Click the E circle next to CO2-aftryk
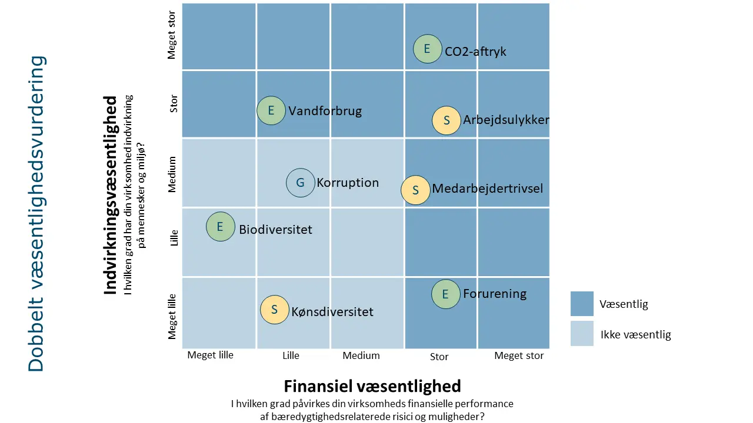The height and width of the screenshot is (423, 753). coord(428,49)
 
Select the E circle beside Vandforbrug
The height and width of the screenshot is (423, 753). coord(271,110)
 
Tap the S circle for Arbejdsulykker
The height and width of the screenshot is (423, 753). coord(447,120)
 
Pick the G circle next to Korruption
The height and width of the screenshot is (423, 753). coord(301,182)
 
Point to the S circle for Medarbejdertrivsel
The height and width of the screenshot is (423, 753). coord(415,190)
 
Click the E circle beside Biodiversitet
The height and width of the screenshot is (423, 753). coord(220,226)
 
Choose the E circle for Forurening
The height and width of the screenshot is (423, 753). coord(445,294)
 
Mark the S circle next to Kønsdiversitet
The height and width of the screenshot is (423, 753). coord(275,310)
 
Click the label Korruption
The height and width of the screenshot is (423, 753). coord(348,183)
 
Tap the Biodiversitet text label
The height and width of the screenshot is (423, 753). coord(275,230)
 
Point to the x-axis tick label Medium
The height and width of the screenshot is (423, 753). coord(361,355)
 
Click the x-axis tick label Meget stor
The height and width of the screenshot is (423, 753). coord(519,356)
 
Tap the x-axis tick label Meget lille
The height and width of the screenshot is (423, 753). coord(210,355)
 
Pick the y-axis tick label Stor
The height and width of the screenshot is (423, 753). coord(174,105)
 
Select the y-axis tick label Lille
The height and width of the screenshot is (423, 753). coord(174,241)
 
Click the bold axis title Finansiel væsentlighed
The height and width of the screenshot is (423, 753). coord(372,386)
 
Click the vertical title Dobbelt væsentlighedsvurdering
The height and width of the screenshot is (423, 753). coord(36,213)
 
